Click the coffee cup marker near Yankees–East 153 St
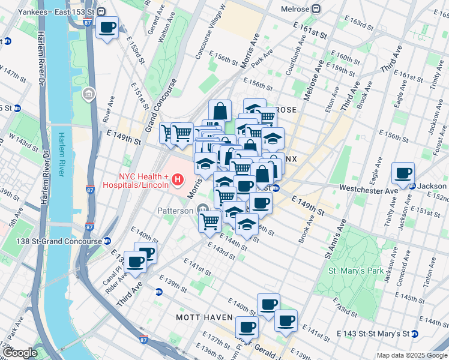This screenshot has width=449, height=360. (x=107, y=28)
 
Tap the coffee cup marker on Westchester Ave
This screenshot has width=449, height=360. (x=403, y=174)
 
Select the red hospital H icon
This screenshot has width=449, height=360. (x=177, y=179)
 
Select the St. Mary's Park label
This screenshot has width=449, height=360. (x=356, y=271)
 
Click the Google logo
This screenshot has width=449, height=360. (x=20, y=353)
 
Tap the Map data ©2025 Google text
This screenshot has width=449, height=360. (x=412, y=355)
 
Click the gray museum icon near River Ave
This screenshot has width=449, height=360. (x=88, y=94)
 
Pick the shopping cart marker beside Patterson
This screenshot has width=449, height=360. (x=209, y=221)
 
